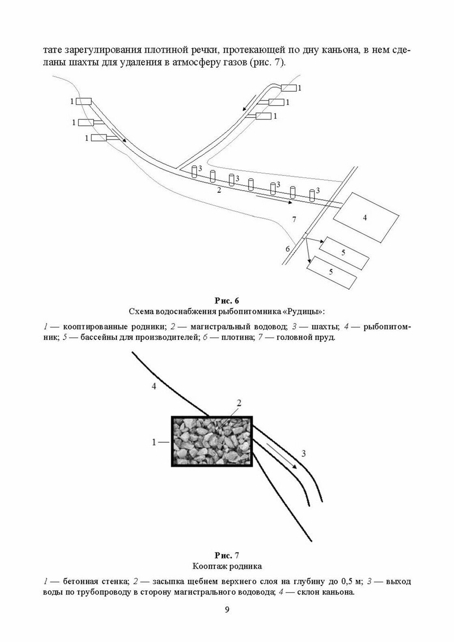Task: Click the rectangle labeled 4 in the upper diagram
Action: [365, 217]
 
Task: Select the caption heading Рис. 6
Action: [227, 301]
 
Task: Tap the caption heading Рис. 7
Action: [227, 555]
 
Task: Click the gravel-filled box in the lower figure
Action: [212, 441]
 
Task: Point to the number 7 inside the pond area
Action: [294, 220]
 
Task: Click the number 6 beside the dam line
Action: [288, 248]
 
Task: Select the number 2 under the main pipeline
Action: [219, 190]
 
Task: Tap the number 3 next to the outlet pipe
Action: [304, 454]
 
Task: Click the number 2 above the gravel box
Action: [239, 403]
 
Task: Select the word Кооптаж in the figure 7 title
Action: [209, 566]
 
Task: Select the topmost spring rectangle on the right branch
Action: [289, 88]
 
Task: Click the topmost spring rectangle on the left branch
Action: [84, 101]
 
